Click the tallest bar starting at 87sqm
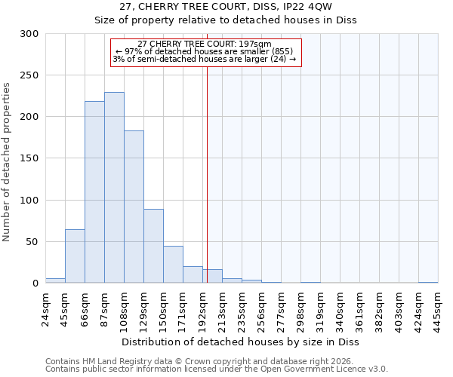pos(114,188)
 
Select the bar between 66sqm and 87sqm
pos(94,192)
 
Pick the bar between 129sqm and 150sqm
pos(153,246)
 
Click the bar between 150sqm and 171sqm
pos(173,265)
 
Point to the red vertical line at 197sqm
pos(207,166)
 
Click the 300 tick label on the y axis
pos(29,34)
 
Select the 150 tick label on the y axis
pos(29,159)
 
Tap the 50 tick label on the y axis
pos(32,242)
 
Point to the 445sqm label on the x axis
pos(438,308)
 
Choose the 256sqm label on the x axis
pos(261,308)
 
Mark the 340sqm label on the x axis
pos(340,308)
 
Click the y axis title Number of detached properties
pos(8,162)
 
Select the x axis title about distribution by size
pos(242,342)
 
